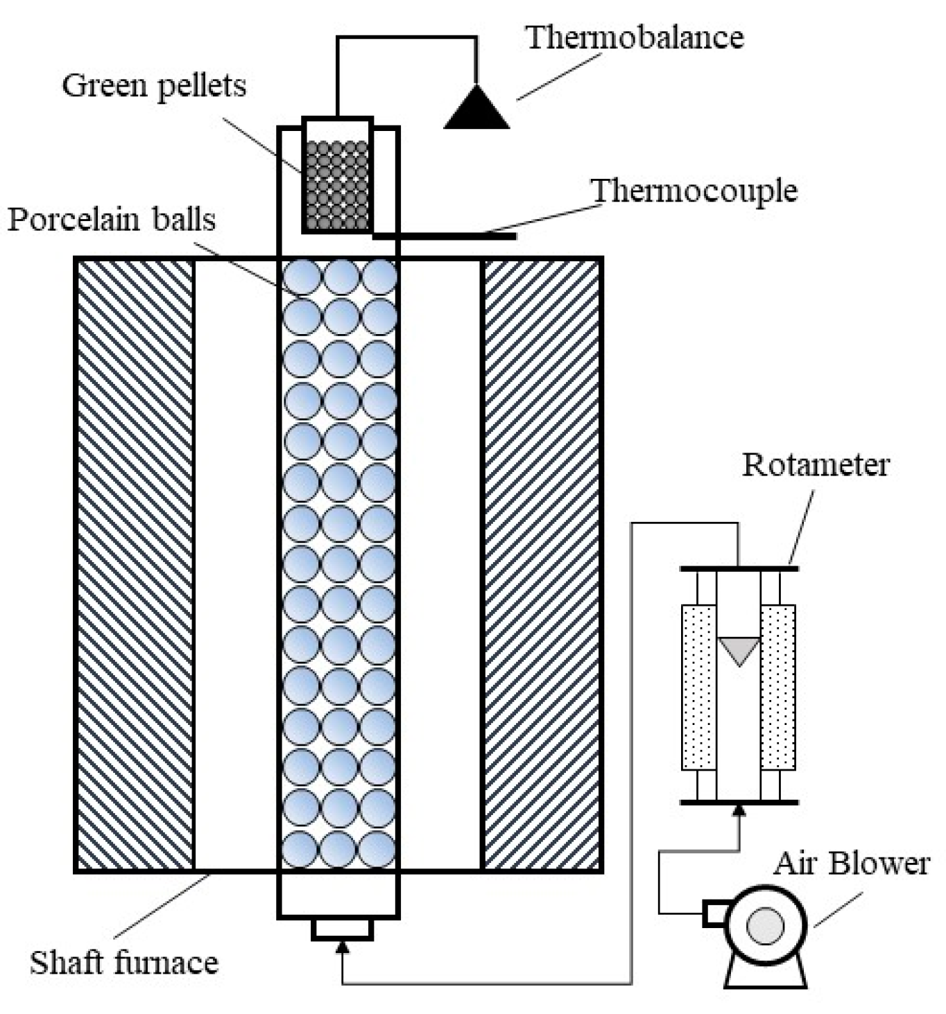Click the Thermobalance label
coord(635,37)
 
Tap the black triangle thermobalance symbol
coord(476,111)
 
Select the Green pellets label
coord(154,86)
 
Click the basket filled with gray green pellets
coord(338,185)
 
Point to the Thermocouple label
coord(694,191)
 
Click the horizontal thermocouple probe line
coord(444,236)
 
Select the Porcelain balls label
coord(112,220)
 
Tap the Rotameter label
coord(816,464)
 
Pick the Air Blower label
coord(852,864)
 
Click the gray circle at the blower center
coord(765,925)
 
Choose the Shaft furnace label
coord(124,963)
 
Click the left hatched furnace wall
coord(135,565)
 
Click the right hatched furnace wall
coord(542,565)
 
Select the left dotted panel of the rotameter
coord(698,687)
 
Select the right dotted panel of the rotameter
coord(778,687)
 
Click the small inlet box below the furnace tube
coord(342,929)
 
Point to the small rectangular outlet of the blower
coord(714,913)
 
